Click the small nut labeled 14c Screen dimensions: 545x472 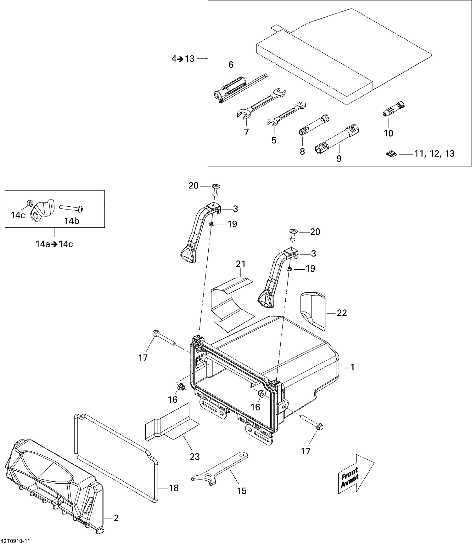[30, 203]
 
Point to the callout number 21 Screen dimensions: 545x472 [240, 264]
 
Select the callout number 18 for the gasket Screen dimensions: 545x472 [174, 488]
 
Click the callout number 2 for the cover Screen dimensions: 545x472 [116, 518]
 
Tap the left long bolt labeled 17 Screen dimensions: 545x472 [165, 339]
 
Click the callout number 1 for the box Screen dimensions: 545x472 [353, 367]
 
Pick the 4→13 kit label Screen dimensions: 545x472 [183, 59]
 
